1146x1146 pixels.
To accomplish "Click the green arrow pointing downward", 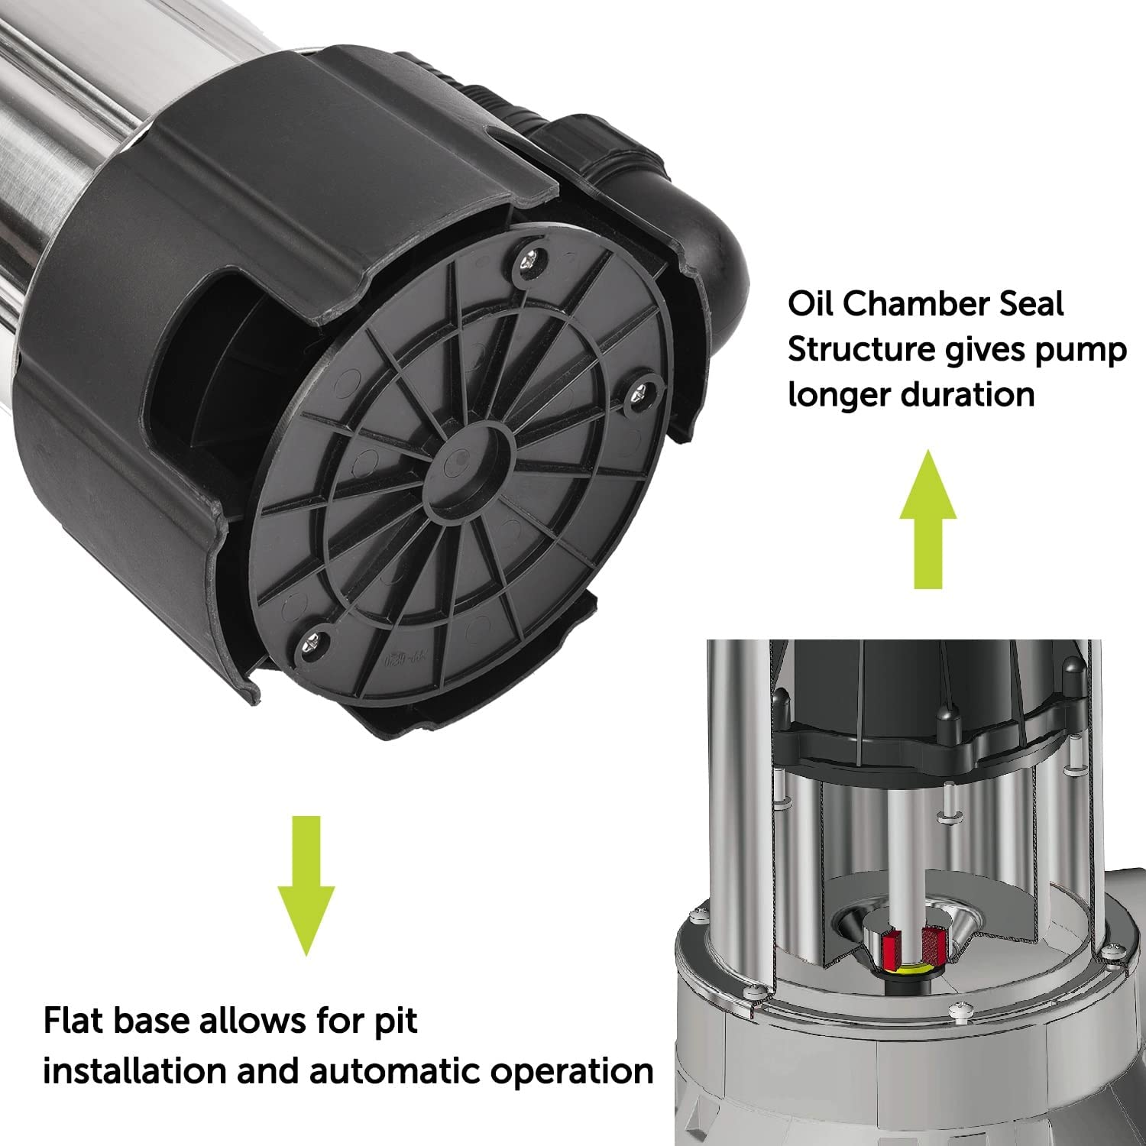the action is [306, 885].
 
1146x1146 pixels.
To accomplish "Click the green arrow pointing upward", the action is [927, 520].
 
